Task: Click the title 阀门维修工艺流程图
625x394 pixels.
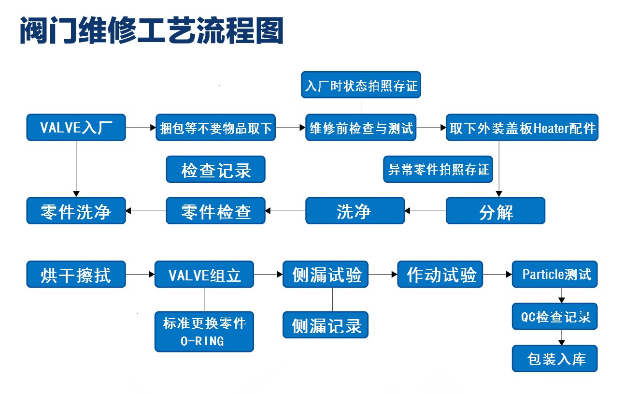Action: coord(152,30)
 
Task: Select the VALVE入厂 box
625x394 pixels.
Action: coord(76,127)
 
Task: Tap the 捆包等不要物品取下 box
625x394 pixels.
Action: coord(216,127)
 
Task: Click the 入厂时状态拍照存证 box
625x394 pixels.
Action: coord(361,85)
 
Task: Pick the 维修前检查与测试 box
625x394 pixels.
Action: coord(361,127)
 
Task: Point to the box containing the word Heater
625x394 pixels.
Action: coord(522,127)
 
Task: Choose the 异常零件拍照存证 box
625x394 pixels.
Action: coord(438,169)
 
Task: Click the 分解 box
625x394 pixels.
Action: coord(496,211)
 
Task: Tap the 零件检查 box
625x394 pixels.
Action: coord(216,211)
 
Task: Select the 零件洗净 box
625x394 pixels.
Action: coord(76,211)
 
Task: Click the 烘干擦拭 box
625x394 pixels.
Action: coord(76,274)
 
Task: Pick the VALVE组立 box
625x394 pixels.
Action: coord(204,274)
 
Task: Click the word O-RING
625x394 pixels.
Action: coord(202,341)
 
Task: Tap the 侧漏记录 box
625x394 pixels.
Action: coord(326,325)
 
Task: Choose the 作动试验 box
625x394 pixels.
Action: coord(440,274)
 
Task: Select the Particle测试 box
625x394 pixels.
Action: coord(554,274)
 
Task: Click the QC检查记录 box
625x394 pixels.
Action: coord(554,316)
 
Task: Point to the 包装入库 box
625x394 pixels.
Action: coord(554,359)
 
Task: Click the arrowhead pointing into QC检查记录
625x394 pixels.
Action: coord(562,300)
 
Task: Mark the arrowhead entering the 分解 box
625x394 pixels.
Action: coord(499,194)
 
